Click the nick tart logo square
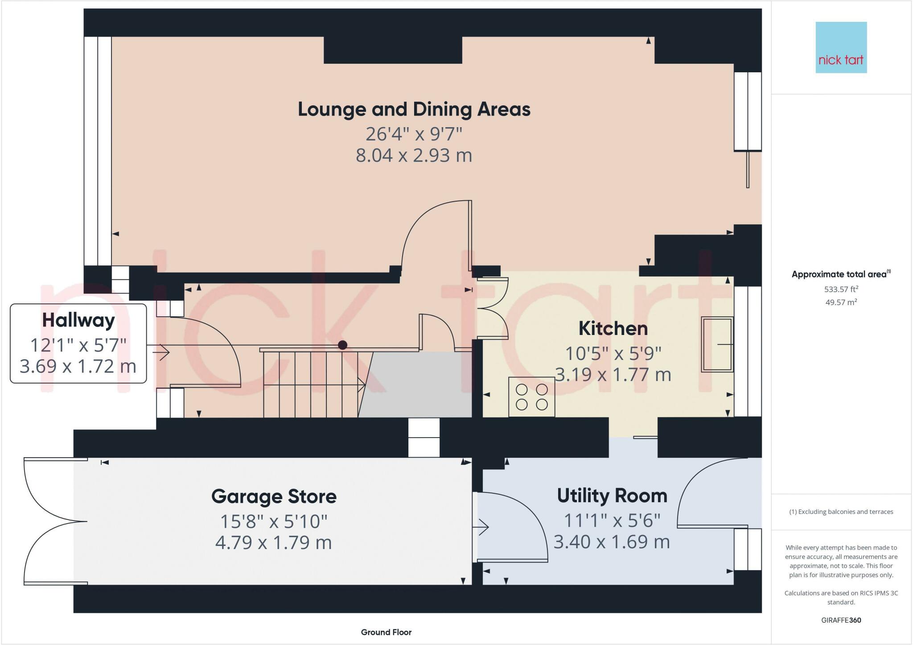point(841,47)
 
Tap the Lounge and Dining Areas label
point(414,109)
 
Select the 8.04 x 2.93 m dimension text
point(414,155)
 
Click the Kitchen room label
point(613,328)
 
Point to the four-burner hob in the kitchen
point(531,397)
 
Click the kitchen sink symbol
point(717,344)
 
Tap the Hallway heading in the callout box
point(78,320)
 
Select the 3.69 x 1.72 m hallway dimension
point(78,366)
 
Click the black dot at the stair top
point(342,345)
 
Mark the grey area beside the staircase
point(417,385)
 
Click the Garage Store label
point(274,496)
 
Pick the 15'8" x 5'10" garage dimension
point(274,521)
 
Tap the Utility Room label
point(612,496)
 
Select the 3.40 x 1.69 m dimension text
point(612,542)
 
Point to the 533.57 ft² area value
point(841,289)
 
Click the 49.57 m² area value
point(841,302)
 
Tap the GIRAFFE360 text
point(841,620)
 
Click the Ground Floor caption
point(386,632)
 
